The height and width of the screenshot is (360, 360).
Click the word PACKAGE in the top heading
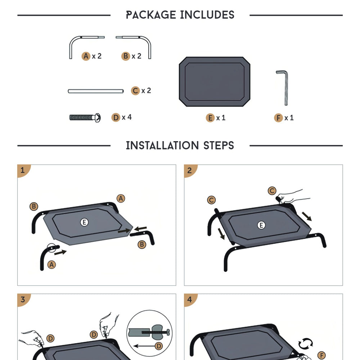click(151, 15)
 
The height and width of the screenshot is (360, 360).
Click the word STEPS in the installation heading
click(219, 145)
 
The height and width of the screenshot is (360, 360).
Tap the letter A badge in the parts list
click(86, 56)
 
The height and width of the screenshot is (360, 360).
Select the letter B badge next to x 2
click(126, 56)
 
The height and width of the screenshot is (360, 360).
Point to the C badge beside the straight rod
click(135, 91)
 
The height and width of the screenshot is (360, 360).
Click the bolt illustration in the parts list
click(85, 118)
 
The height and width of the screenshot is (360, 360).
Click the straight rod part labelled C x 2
click(96, 91)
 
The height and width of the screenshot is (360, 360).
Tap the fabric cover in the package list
click(215, 82)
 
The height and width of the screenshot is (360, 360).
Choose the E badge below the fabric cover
click(210, 118)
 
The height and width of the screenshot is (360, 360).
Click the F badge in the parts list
click(278, 118)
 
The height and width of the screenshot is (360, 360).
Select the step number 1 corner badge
click(23, 170)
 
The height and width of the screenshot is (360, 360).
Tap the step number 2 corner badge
click(189, 170)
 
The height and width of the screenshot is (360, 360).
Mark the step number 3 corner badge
click(23, 300)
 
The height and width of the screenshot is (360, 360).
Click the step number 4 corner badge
click(189, 300)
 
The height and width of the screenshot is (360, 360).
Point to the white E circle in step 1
click(84, 222)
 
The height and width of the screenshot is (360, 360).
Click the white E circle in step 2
click(261, 225)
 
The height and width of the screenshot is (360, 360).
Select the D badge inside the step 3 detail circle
click(159, 346)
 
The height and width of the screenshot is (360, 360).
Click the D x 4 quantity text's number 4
click(130, 117)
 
